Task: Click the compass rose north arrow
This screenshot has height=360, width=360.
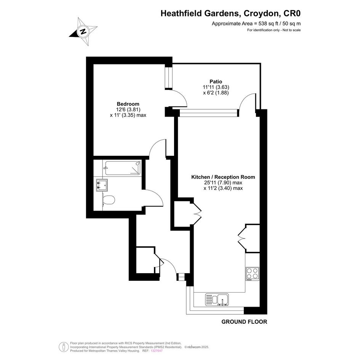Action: point(83,32)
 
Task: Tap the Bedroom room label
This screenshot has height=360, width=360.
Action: point(128,104)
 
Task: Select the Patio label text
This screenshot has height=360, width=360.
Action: point(216,82)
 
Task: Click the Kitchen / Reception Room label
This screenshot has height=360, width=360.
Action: point(223,177)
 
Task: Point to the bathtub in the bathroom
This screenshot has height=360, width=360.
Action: point(123,168)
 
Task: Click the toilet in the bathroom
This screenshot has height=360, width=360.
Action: point(108,200)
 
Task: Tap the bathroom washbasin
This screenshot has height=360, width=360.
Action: point(102,185)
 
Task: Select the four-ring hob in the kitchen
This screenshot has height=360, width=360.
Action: point(253,274)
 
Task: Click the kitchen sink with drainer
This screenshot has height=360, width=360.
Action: point(217,299)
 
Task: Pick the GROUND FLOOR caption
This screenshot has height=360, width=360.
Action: point(244,322)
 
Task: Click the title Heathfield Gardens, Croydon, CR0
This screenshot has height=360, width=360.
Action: point(230,13)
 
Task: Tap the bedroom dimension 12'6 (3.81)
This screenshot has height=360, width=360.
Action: point(128,109)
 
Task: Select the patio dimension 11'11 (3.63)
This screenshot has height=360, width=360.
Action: point(216,87)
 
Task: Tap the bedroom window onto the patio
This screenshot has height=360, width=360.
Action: point(169,78)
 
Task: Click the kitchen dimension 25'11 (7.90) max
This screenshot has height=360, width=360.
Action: point(223,183)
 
